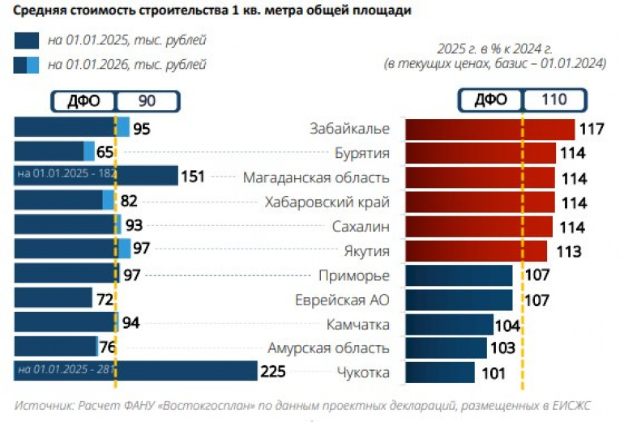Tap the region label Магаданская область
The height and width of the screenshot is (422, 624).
(x=316, y=177)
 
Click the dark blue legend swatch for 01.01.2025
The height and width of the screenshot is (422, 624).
(x=26, y=40)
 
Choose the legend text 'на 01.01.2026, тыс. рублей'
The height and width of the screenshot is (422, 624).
(x=126, y=65)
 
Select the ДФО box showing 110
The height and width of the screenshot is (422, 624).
(x=523, y=100)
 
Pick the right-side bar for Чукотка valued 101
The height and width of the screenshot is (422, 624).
(x=439, y=373)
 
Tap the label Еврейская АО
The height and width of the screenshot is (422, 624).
(x=343, y=300)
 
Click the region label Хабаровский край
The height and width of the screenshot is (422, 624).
(x=327, y=202)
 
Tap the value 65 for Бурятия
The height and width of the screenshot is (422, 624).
(x=105, y=153)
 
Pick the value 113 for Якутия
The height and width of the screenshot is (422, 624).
(x=568, y=251)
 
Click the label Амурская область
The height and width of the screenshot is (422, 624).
(x=328, y=348)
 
